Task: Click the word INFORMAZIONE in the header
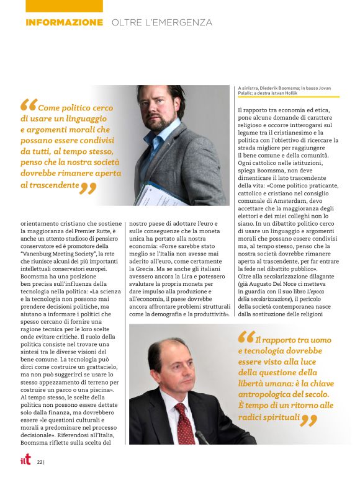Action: coord(64,22)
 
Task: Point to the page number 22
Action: coord(39,462)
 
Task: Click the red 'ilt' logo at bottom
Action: coord(24,461)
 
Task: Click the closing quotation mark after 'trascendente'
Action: coord(88,187)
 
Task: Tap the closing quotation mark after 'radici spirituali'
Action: coord(308,420)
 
